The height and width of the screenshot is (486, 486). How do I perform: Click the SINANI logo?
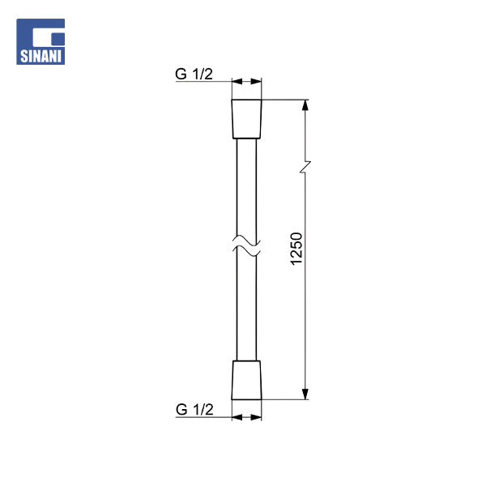[40, 41]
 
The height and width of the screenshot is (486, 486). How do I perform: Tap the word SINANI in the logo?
[40, 57]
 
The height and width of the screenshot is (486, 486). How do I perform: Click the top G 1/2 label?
[194, 74]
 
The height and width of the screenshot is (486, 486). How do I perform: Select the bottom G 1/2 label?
[194, 409]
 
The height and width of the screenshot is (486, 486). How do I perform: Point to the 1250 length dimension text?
[296, 249]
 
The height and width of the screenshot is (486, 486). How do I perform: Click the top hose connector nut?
[246, 119]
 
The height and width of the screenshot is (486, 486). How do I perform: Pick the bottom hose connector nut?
[246, 380]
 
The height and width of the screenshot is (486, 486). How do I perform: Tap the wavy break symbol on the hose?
[246, 246]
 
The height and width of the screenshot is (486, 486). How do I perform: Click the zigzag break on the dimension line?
[305, 167]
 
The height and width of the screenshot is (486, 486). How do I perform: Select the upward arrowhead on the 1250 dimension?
[305, 105]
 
